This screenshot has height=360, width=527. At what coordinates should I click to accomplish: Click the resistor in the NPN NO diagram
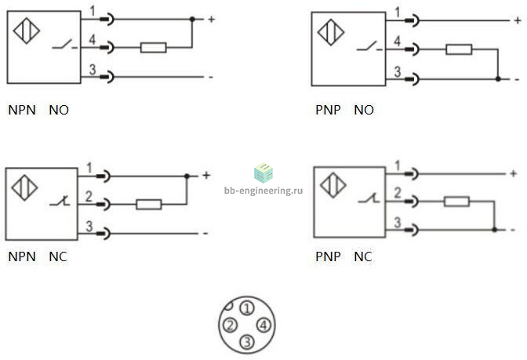pos(153,47)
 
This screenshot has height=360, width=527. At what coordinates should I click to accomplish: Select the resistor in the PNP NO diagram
pos(459,49)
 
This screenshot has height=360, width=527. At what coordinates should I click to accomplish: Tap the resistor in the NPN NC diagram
pos(148,205)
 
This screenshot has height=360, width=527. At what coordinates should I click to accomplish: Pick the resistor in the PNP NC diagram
pos(456,202)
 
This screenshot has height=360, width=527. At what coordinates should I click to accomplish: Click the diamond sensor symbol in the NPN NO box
pos(27,31)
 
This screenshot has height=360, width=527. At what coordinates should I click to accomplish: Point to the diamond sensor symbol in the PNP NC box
pos(333,185)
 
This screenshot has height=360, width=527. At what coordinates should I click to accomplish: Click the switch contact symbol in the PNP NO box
pos(369,46)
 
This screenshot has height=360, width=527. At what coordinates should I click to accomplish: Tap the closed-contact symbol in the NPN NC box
pos(60,201)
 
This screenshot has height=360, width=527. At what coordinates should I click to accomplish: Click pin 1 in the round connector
pos(247,308)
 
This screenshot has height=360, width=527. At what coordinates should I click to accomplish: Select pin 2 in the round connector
pos(230,325)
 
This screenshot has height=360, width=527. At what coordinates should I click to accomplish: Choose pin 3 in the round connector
pos(247,342)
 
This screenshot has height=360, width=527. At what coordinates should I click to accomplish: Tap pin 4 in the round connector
pos(263,325)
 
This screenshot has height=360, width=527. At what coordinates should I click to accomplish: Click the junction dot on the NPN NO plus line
pos(192,19)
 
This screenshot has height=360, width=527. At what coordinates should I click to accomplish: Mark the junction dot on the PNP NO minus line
pos(498,79)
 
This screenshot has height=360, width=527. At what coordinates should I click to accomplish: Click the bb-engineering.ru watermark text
pos(263,191)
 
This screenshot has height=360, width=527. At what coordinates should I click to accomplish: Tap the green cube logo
pos(263,173)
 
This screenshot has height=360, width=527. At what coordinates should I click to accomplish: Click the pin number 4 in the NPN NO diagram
pos(92,40)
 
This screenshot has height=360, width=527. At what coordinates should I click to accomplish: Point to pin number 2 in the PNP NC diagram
pos(398,193)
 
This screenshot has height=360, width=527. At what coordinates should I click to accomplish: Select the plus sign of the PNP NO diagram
pos(518,20)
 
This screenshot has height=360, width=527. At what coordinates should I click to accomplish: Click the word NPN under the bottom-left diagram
pos(22,256)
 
